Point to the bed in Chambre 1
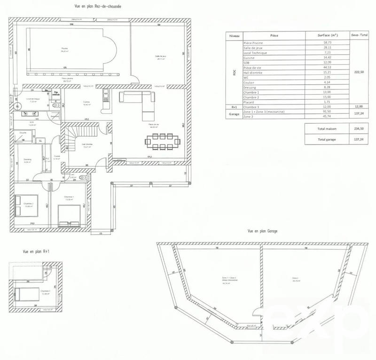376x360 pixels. (x=68, y=214)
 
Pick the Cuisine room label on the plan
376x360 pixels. (x=86, y=103)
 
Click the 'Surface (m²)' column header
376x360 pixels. (x=321, y=35)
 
